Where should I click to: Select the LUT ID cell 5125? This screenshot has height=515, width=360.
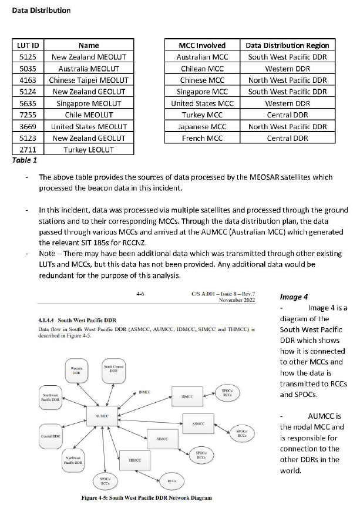(28, 57)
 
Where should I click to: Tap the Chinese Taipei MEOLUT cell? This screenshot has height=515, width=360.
(88, 80)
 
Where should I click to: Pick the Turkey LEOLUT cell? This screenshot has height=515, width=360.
(88, 150)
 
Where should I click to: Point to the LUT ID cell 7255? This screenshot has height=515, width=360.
(28, 115)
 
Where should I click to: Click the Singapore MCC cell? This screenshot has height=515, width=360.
(202, 92)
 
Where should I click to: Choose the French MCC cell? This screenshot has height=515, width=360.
(202, 138)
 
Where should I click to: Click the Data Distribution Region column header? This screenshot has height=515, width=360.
(287, 45)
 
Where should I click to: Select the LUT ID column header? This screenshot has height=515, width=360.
(28, 45)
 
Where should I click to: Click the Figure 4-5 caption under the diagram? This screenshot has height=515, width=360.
(147, 498)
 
